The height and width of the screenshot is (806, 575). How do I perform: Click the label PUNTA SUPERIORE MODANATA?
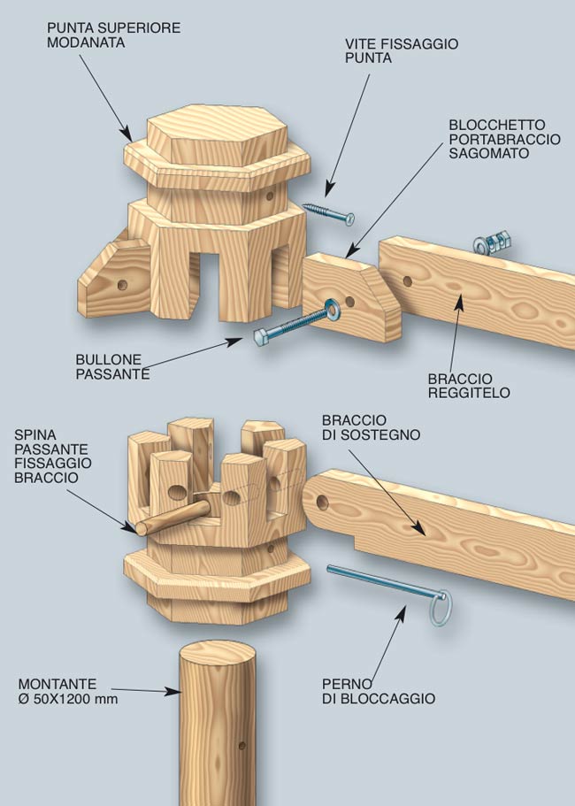113,35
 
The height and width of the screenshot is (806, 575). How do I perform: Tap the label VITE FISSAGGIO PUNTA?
402,50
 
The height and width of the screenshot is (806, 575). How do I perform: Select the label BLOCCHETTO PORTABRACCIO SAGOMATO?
504,139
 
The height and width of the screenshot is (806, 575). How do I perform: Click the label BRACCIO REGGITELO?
469,386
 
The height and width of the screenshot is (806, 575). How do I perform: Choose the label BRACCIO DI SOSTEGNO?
371,427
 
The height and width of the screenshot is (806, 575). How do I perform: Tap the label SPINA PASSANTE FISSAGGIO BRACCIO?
53,457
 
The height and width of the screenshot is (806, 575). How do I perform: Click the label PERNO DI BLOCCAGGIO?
379,691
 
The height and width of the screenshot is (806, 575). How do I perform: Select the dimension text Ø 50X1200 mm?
68,699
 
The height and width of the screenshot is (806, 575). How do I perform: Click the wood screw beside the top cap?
328,213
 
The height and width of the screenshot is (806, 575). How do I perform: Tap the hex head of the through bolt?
261,337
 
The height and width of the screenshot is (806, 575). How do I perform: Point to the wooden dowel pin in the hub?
172,518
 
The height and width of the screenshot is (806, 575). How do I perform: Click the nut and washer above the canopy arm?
492,243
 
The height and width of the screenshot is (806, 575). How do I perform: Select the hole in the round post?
242,745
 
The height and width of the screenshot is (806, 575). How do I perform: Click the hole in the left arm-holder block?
122,285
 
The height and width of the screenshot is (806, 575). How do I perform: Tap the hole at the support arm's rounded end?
322,503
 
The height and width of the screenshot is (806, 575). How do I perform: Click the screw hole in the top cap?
270,196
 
